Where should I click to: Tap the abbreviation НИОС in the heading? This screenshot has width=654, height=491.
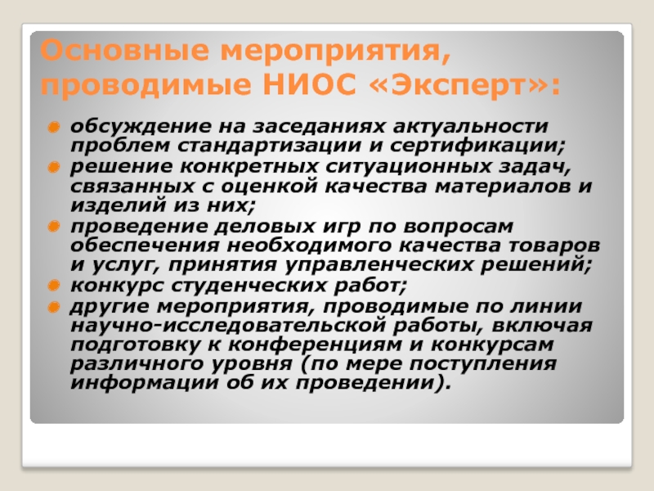point(310,85)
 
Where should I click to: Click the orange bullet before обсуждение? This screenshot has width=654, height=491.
point(54,127)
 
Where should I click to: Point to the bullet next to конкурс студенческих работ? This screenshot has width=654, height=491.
point(54,286)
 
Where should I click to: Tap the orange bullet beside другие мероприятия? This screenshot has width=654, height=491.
point(54,308)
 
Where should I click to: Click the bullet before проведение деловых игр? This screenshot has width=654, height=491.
point(54,227)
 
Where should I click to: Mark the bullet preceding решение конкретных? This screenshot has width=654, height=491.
point(54,167)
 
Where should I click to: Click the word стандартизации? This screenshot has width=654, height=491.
point(270,146)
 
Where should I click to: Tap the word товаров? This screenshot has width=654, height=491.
point(554,246)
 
